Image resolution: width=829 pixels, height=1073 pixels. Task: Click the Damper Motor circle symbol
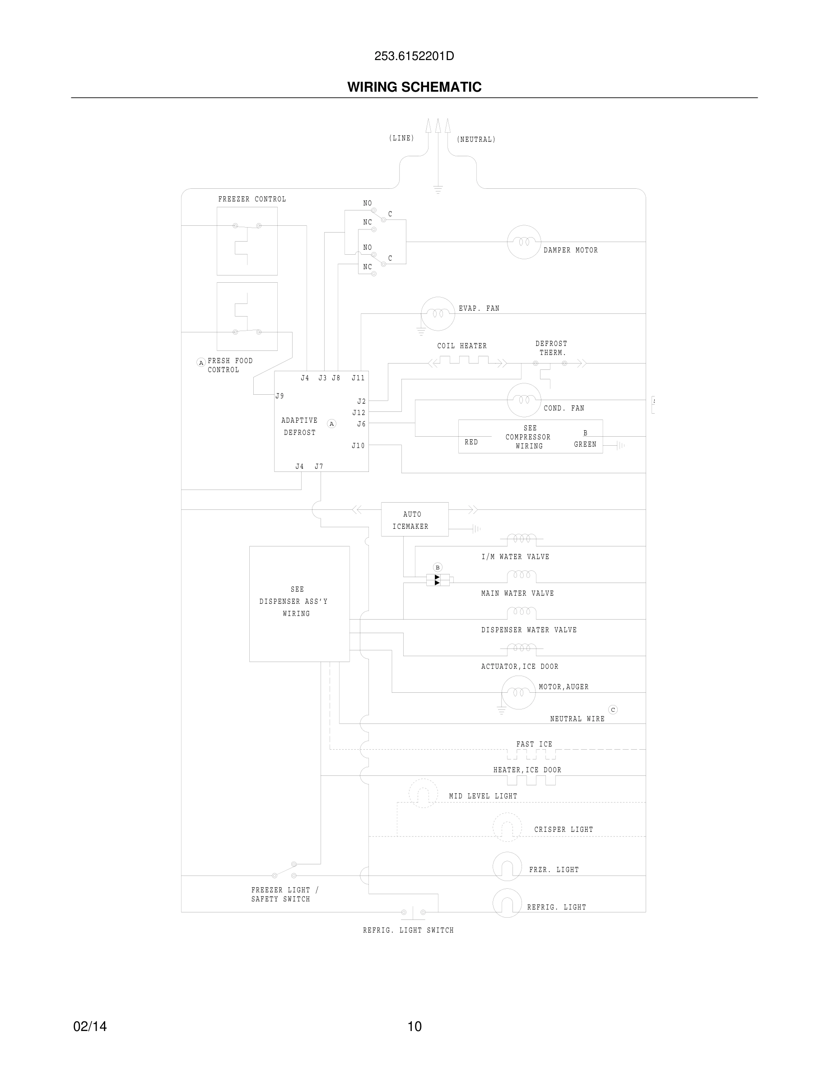[523, 242]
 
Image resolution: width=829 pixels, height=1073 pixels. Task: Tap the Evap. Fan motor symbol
[438, 314]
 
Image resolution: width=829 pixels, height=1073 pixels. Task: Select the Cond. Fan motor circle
[523, 400]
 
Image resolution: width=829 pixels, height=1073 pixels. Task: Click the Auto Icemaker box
[414, 519]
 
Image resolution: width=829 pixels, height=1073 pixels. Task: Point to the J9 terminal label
[279, 396]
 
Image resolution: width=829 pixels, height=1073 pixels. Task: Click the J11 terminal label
[358, 378]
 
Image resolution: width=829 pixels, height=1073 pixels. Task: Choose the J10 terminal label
[358, 446]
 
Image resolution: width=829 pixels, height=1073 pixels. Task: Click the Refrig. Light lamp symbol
[507, 903]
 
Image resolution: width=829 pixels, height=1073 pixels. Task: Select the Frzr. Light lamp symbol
[507, 867]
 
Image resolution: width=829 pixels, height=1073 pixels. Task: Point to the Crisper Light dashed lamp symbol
[507, 827]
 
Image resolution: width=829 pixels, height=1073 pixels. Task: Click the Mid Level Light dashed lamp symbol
[423, 793]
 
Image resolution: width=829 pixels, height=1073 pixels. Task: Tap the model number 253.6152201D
[414, 56]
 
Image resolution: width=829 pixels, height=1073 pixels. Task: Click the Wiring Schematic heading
[414, 87]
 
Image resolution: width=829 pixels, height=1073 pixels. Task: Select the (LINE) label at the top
[401, 138]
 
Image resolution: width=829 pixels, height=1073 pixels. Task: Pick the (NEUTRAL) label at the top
[476, 140]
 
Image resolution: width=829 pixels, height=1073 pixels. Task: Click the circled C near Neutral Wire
[612, 709]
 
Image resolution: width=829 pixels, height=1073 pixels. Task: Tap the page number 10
[414, 1026]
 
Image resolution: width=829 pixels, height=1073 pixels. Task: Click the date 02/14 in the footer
[90, 1026]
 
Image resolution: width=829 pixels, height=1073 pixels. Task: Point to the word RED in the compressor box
[471, 442]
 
